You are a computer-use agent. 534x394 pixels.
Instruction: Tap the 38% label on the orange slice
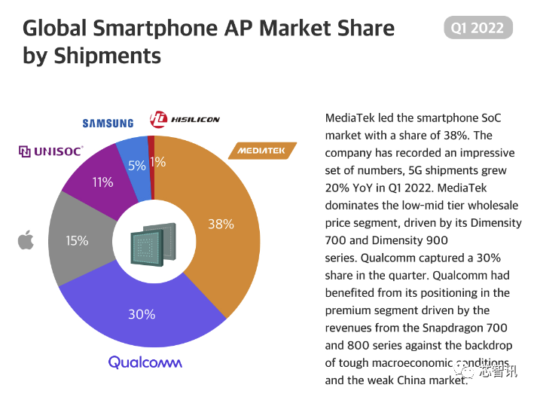[x=221, y=224]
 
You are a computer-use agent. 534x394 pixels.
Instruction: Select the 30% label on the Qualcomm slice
[x=141, y=314]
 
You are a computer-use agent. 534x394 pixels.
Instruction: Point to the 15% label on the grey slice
[x=77, y=241]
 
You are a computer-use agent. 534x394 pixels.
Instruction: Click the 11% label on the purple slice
[x=102, y=182]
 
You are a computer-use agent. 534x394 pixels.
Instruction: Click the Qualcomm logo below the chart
[x=145, y=362]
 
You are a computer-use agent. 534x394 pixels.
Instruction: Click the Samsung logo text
[x=108, y=123]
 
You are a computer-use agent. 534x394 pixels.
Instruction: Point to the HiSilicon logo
[x=185, y=119]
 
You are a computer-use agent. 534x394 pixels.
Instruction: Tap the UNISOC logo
[x=50, y=151]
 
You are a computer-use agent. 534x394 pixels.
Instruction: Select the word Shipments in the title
[x=107, y=56]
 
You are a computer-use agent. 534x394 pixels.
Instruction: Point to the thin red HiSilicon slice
[x=151, y=143]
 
